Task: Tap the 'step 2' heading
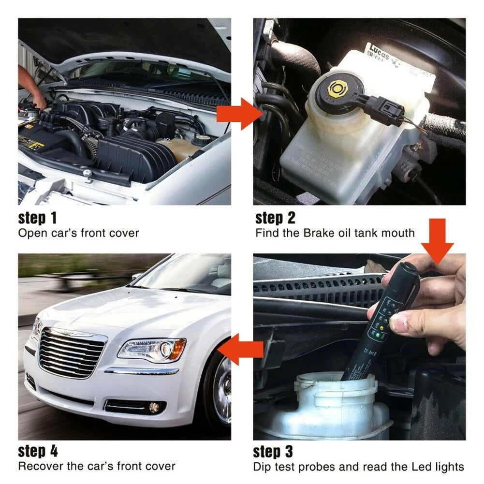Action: (275, 218)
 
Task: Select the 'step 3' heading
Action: (273, 452)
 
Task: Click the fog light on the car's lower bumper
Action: (154, 407)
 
